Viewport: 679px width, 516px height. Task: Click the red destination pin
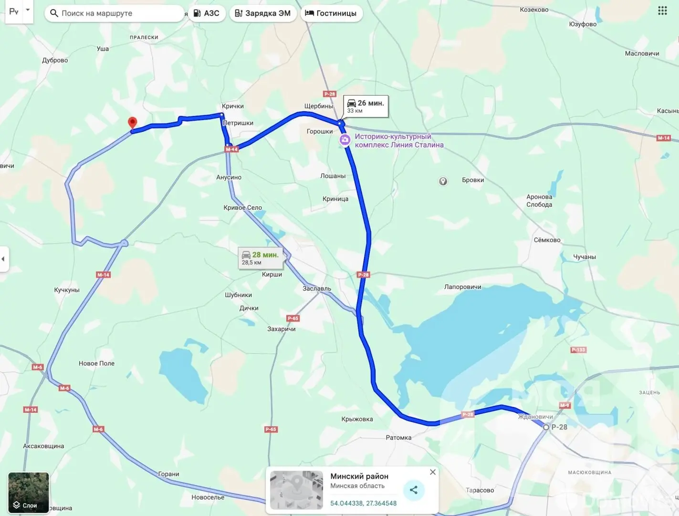point(133,122)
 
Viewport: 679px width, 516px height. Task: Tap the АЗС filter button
point(207,13)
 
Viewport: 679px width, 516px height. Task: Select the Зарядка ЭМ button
point(263,13)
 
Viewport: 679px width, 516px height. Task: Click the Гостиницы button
point(331,13)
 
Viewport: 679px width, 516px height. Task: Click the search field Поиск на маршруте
point(115,13)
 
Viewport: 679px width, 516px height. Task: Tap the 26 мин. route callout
point(366,106)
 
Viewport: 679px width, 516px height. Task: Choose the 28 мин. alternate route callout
point(261,258)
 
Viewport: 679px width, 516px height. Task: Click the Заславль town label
point(317,289)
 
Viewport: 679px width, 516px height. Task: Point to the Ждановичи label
point(535,417)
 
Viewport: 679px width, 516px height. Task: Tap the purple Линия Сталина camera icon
point(345,140)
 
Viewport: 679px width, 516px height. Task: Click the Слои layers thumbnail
point(29,492)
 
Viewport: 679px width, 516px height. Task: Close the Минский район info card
point(433,472)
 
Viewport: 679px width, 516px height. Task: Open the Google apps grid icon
point(662,11)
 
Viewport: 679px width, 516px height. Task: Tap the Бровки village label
point(473,180)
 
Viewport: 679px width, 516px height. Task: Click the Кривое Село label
point(242,208)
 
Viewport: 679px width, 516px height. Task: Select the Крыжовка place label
point(357,419)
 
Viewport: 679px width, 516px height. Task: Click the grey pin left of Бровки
point(443,181)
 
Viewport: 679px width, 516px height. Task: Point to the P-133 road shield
point(578,350)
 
